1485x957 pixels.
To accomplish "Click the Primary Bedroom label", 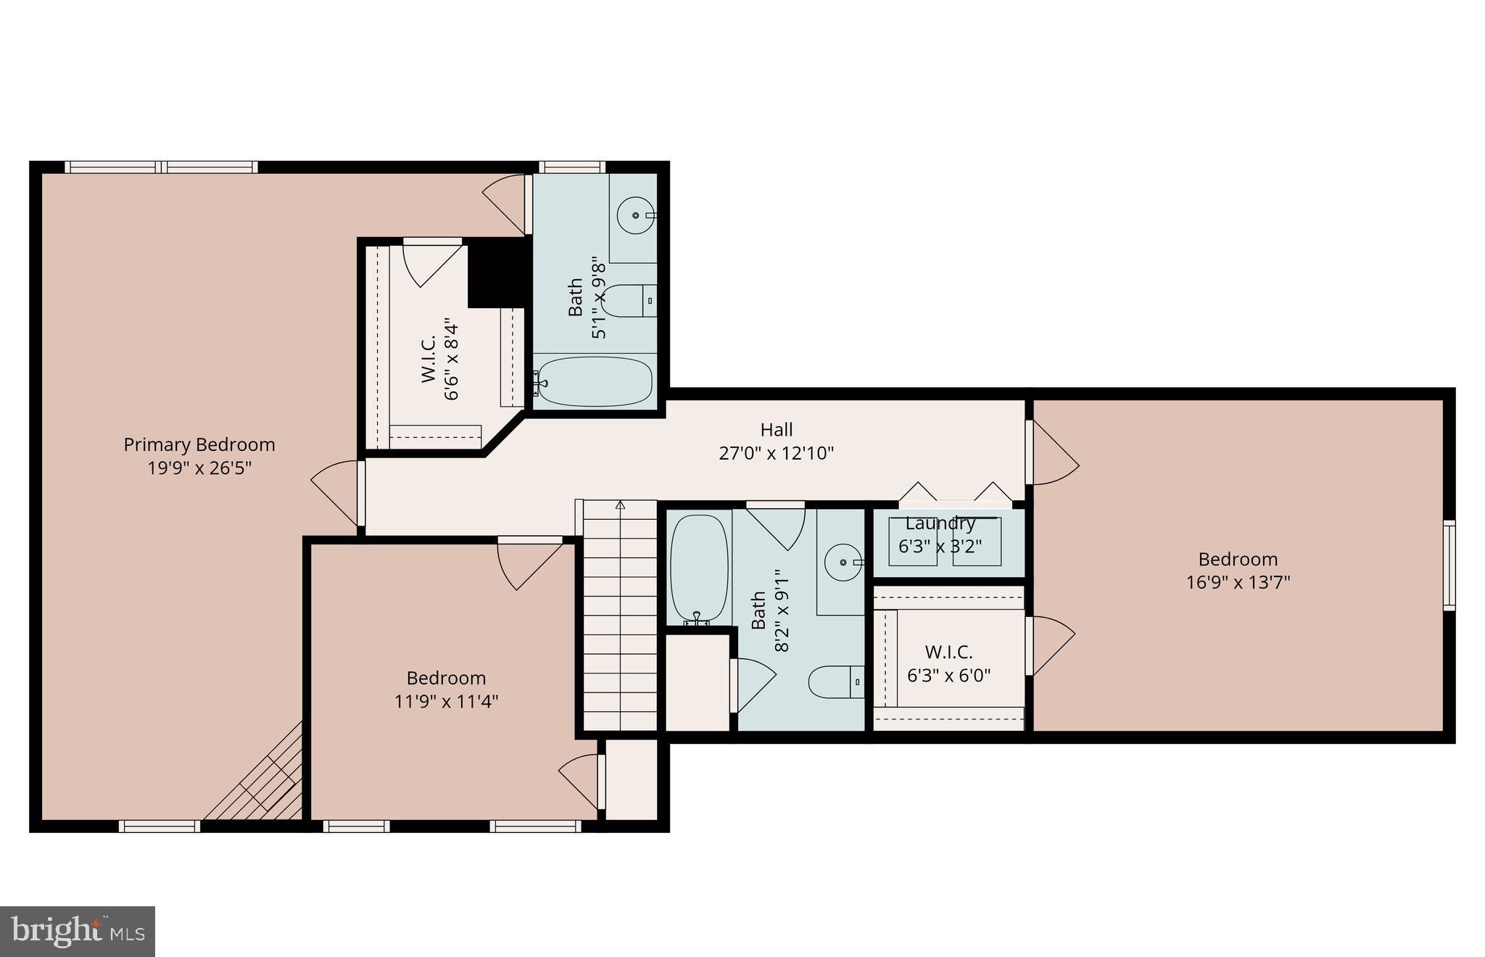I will click(x=199, y=444).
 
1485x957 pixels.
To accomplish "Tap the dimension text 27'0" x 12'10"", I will click(x=776, y=453).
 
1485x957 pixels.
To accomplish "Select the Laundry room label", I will click(x=940, y=523).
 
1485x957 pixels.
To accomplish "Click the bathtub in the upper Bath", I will click(x=595, y=381).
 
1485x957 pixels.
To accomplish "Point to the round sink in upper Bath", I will click(x=636, y=215).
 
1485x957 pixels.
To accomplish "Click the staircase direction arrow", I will click(x=620, y=505).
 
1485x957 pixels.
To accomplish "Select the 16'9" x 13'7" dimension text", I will click(x=1238, y=582).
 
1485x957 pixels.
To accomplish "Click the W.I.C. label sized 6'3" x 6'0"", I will click(x=948, y=652).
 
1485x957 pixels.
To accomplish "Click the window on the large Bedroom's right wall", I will click(x=1449, y=565).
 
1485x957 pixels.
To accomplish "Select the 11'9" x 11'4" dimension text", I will click(x=446, y=701).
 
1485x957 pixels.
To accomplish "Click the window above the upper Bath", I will click(x=571, y=167).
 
